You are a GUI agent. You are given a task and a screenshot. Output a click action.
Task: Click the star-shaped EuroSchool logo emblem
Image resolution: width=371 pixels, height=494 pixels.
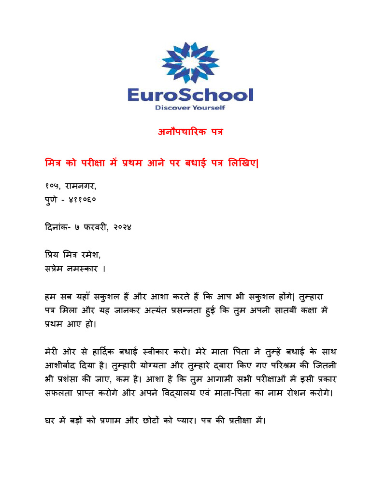point(190,62)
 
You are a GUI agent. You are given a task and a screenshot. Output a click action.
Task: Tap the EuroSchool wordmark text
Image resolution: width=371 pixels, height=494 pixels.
point(190,94)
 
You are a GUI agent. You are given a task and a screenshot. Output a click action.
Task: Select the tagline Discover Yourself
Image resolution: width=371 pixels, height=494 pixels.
point(190,108)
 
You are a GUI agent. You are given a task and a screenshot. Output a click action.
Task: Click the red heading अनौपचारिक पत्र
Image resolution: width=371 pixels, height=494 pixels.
point(190,132)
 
